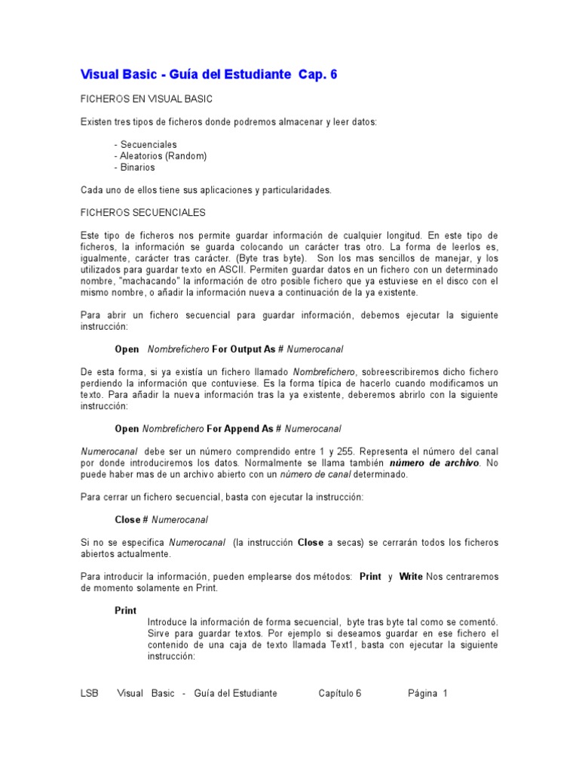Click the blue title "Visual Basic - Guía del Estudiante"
[185, 74]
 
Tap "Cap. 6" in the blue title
[317, 74]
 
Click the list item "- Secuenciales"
[146, 144]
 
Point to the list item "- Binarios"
[135, 167]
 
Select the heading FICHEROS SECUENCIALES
[142, 213]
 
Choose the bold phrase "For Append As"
[240, 429]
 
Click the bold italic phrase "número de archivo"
[433, 463]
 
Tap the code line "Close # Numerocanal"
[161, 520]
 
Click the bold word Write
[411, 577]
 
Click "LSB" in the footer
[89, 693]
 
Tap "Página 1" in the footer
[427, 693]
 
